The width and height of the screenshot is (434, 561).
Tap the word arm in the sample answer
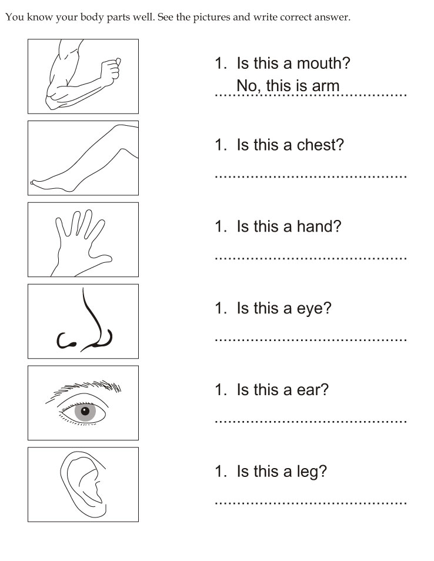325,86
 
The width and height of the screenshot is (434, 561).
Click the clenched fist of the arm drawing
111,70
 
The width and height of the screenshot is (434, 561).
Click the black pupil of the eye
85,410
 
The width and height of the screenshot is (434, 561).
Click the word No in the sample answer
246,86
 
